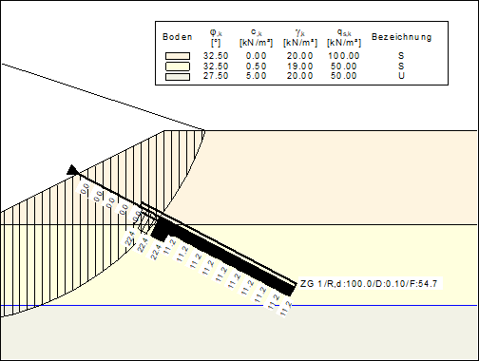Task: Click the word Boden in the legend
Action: (178, 37)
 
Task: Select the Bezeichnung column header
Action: (402, 37)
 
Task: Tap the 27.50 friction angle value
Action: (217, 76)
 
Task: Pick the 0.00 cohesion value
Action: (256, 56)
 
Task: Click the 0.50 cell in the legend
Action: (256, 66)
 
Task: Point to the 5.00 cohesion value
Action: (256, 76)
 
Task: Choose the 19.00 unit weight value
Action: (300, 66)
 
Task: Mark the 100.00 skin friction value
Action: (344, 56)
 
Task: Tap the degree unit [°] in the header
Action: (216, 43)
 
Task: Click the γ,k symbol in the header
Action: (299, 32)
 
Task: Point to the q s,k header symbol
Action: (343, 32)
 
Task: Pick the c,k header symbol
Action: (255, 32)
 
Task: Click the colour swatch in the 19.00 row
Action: (178, 66)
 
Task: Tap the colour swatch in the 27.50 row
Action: (178, 77)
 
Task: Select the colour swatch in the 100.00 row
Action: (178, 56)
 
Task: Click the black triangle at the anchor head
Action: (73, 169)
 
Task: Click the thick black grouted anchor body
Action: (228, 255)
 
